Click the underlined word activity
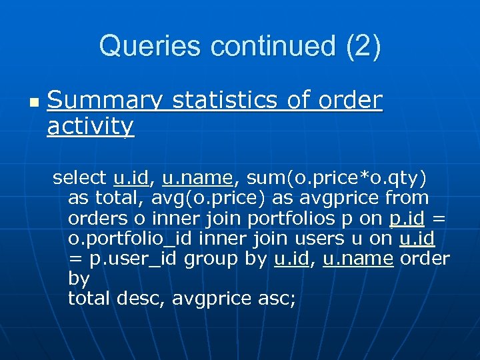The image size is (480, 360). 91,125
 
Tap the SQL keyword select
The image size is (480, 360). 79,178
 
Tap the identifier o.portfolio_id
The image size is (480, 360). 131,238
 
